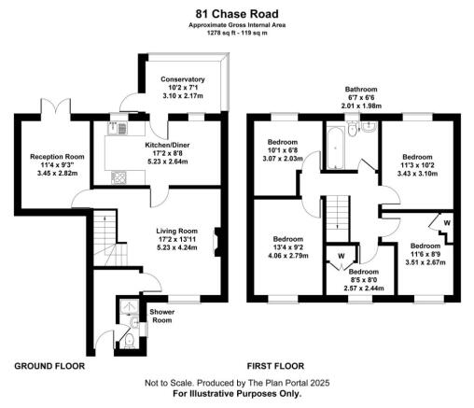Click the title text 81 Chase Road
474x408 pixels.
[x=236, y=14]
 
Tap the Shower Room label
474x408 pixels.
[x=162, y=316]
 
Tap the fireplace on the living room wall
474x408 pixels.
[x=215, y=241]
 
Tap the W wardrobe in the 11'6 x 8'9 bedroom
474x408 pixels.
[x=446, y=223]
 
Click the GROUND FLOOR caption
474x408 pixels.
[x=50, y=366]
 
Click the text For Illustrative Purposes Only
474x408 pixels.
[x=237, y=393]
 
